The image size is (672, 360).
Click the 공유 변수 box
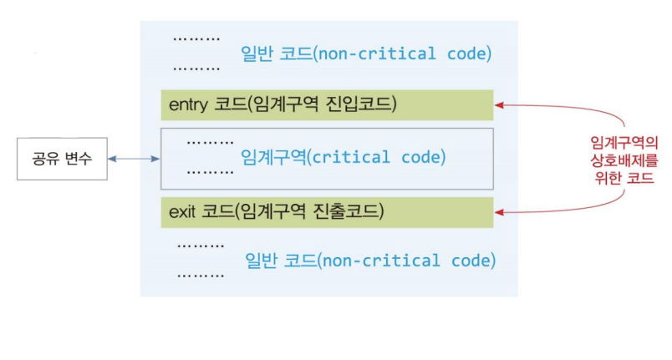(x=62, y=159)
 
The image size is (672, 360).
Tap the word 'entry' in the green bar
(x=189, y=105)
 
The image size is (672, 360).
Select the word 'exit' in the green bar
(x=182, y=211)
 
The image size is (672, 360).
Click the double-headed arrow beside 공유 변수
(x=134, y=159)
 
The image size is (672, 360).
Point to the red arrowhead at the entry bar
(x=499, y=105)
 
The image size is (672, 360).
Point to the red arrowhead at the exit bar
(x=499, y=212)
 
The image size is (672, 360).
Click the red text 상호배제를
(x=624, y=160)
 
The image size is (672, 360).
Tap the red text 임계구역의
(x=624, y=143)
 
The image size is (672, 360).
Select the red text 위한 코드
(x=624, y=178)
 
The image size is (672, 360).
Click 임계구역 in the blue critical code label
(x=273, y=157)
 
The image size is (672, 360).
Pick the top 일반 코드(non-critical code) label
(x=366, y=54)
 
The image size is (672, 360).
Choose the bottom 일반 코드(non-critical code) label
(x=370, y=261)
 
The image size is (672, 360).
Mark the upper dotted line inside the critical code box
(x=211, y=142)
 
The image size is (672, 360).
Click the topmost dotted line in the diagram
(x=196, y=39)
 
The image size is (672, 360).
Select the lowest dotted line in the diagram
(x=201, y=276)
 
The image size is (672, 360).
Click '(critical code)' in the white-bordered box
(x=376, y=158)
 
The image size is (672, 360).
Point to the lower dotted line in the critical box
(x=211, y=173)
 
